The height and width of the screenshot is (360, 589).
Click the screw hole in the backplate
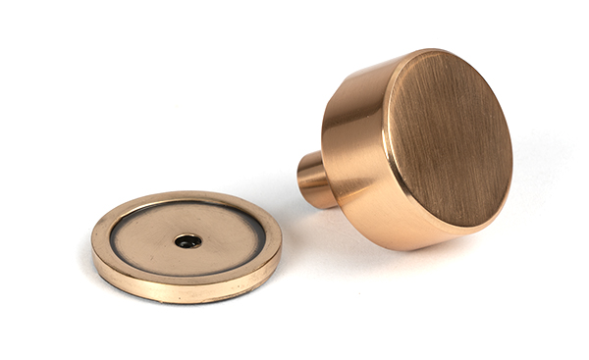[186, 239]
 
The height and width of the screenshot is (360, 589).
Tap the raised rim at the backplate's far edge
[187, 197]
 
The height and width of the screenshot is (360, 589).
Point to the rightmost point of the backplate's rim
[279, 234]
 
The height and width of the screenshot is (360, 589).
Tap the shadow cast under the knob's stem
[312, 212]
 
